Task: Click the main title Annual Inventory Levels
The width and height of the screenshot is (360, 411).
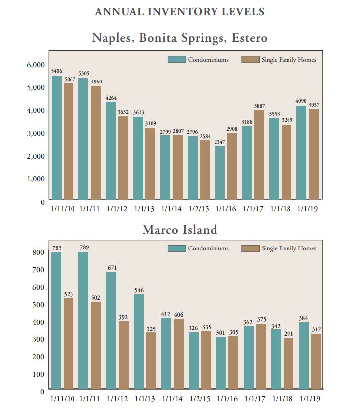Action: pos(179,11)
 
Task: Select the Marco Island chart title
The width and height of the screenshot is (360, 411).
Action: pos(179,230)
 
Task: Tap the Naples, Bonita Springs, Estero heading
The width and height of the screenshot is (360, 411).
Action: pos(179,38)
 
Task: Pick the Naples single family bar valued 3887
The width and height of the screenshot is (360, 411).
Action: pos(259,156)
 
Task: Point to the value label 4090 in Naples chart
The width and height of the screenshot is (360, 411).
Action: pos(301,101)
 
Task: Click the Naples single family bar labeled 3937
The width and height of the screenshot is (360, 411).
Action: pos(314,155)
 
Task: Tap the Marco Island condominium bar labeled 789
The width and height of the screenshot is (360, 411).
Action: pos(83,321)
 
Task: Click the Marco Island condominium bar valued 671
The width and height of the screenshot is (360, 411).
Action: pos(112,331)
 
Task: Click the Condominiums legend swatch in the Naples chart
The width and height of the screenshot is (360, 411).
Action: pos(176,60)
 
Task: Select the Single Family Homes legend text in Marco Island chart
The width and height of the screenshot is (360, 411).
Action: pos(288,248)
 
